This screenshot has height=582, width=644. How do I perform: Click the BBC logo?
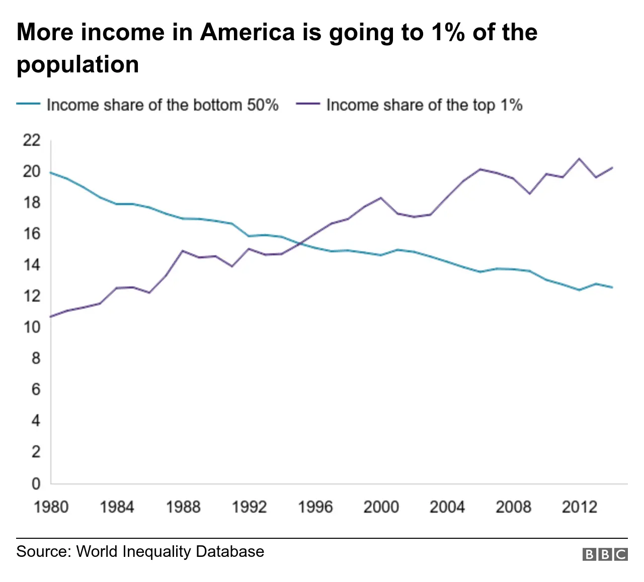click(605, 554)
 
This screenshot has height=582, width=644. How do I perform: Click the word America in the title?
click(247, 32)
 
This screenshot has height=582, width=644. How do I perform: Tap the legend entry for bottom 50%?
click(148, 105)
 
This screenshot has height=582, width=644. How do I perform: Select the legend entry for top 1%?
click(410, 105)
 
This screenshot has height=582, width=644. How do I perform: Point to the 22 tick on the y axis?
click(31, 140)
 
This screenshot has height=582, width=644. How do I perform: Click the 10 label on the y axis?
click(31, 327)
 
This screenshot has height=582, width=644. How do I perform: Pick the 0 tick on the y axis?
click(36, 483)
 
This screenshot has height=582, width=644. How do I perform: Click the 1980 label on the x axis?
click(51, 507)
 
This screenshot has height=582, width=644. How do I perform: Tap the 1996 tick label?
click(315, 507)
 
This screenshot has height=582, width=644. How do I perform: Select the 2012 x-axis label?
click(579, 507)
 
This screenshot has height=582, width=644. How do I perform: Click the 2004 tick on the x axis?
click(447, 507)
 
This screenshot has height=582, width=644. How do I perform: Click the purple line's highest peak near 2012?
click(579, 159)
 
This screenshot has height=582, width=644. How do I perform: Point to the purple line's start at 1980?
click(51, 317)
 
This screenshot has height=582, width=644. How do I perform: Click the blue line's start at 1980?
click(51, 172)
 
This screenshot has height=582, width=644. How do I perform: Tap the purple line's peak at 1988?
click(183, 250)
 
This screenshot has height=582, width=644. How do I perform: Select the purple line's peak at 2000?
click(381, 198)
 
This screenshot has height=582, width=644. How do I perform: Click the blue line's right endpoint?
click(612, 287)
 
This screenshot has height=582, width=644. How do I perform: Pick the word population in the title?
click(77, 65)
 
